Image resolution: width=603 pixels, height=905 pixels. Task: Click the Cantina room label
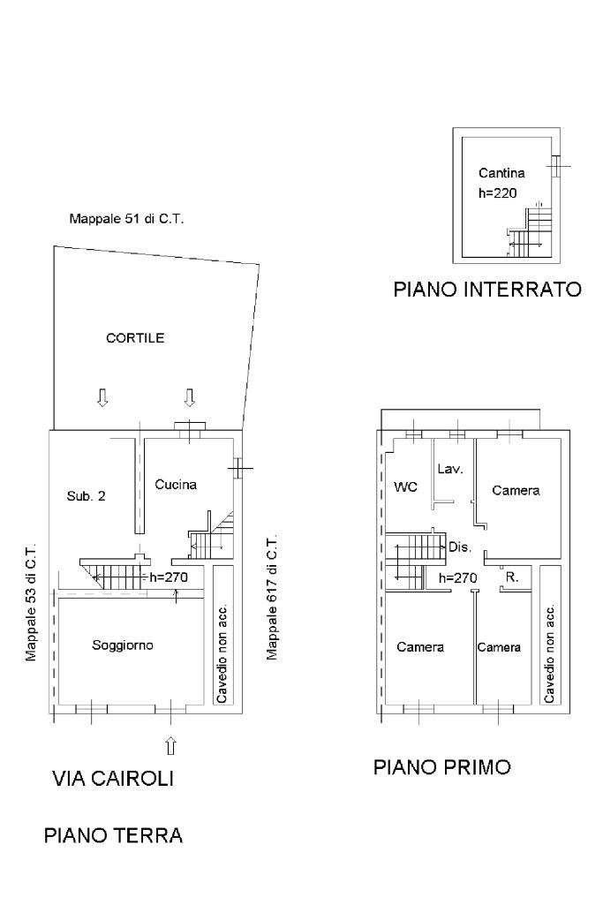501,172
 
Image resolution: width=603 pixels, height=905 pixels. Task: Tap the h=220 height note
497,192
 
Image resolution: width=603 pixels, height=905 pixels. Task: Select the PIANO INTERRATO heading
487,290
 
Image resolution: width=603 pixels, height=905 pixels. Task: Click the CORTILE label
135,337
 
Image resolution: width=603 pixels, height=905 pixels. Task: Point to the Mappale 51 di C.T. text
126,219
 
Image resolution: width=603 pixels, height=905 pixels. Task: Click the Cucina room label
176,485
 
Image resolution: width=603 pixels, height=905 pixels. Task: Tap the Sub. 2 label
86,496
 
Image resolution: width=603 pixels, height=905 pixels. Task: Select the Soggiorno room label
123,645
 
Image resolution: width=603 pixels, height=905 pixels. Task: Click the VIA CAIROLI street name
113,778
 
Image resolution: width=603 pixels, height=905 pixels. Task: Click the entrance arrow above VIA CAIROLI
170,745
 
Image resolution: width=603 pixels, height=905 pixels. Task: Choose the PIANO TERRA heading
113,835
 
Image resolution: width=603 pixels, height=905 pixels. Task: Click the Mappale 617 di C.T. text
272,596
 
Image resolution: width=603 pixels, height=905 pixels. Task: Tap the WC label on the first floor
405,487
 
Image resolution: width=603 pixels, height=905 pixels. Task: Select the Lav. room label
450,469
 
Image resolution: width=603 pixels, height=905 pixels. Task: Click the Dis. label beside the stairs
460,547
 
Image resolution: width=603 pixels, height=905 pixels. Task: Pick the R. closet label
511,577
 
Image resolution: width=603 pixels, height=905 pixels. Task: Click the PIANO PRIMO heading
442,767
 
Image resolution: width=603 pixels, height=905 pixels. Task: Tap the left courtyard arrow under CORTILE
102,397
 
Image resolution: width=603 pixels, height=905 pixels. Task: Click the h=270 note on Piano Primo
457,577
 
